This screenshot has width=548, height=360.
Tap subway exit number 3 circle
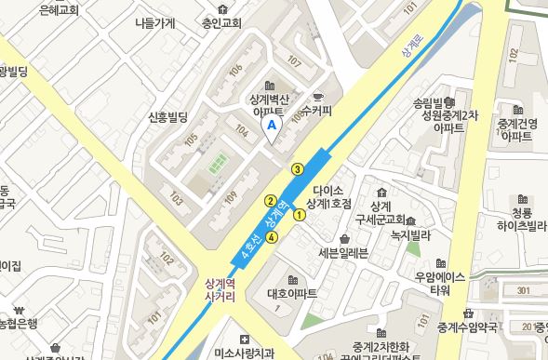[x=297, y=168]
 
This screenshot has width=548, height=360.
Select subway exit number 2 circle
[x=271, y=200]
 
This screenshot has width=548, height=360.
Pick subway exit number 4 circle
[x=271, y=237]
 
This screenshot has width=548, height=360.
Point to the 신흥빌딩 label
[x=167, y=117]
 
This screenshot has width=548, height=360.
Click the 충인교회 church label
[x=221, y=24]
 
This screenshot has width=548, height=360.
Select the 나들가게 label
[x=154, y=24]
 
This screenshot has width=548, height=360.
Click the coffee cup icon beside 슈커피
[x=317, y=97]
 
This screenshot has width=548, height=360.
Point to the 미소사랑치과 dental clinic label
[x=244, y=353]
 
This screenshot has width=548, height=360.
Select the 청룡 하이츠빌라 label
[x=520, y=219]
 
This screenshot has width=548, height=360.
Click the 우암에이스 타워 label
[x=439, y=283]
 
